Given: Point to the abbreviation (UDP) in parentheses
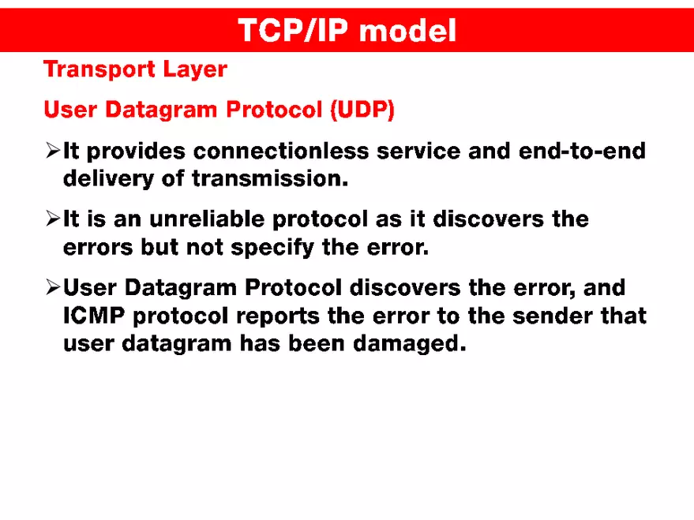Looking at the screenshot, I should point(362,110).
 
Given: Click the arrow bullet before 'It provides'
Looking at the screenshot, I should point(53,149).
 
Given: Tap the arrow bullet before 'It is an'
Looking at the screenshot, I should point(53,219).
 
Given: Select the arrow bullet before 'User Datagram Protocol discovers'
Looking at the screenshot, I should point(53,287).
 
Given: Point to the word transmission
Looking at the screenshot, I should point(269,178).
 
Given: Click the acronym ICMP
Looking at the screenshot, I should point(94,316).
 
